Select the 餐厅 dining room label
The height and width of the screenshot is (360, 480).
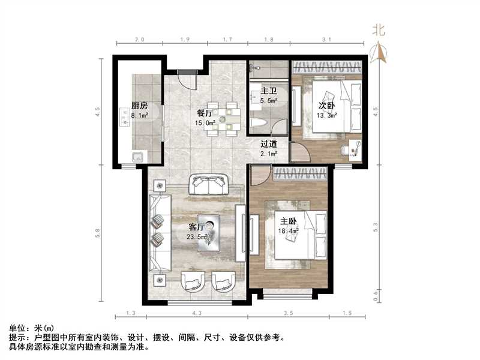(x=205, y=112)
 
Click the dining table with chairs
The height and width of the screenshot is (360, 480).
(x=227, y=118)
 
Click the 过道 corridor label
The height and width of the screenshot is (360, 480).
(x=268, y=144)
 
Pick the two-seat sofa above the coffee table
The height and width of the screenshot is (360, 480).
(x=208, y=184)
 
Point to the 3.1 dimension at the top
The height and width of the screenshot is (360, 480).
(x=326, y=40)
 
